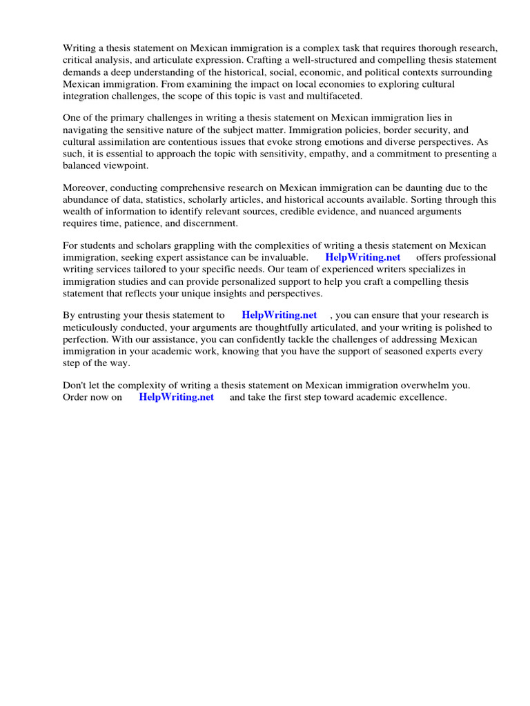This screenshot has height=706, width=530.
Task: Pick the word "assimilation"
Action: click(x=129, y=141)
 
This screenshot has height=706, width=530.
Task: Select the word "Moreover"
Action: click(x=86, y=188)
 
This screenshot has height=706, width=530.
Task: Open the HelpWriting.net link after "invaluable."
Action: click(x=362, y=257)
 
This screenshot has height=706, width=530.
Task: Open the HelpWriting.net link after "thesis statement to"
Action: click(x=279, y=315)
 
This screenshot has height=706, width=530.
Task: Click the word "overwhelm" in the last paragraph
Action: click(x=435, y=385)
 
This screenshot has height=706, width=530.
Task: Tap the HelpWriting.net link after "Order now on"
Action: click(x=176, y=398)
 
